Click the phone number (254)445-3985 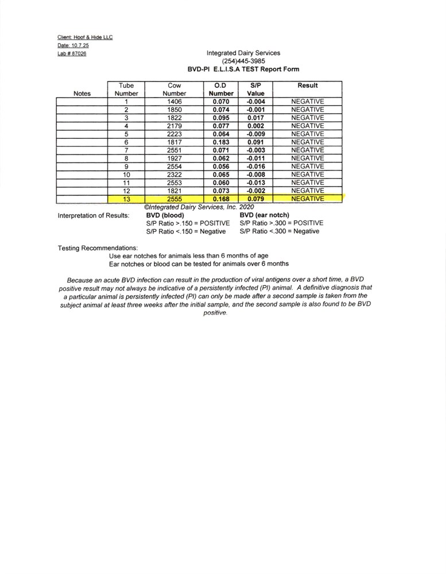pyautogui.click(x=243, y=61)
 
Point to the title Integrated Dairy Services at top pyautogui.click(x=243, y=53)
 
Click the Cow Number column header pyautogui.click(x=174, y=90)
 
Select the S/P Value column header pyautogui.click(x=255, y=90)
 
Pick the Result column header pyautogui.click(x=308, y=86)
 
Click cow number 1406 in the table pyautogui.click(x=174, y=102)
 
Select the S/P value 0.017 pyautogui.click(x=255, y=118)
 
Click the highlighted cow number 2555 pyautogui.click(x=174, y=199)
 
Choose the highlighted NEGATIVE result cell pyautogui.click(x=308, y=199)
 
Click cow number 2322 pyautogui.click(x=174, y=174)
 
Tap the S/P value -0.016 pyautogui.click(x=255, y=166)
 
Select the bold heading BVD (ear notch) pyautogui.click(x=264, y=215)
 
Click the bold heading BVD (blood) pyautogui.click(x=166, y=215)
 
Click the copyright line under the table pyautogui.click(x=199, y=207)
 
